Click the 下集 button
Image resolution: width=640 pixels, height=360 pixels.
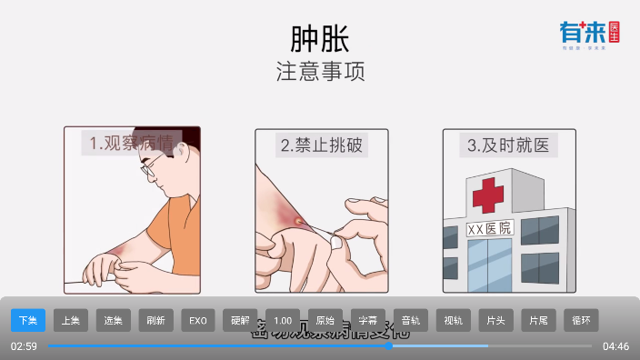pyautogui.click(x=28, y=320)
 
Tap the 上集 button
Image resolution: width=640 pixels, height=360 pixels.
pyautogui.click(x=71, y=320)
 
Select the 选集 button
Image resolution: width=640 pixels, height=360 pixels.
pyautogui.click(x=114, y=320)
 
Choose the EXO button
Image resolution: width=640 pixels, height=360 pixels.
pyautogui.click(x=198, y=320)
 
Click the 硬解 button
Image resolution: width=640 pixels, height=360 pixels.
pyautogui.click(x=240, y=320)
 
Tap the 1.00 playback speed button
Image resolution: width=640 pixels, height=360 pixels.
pyautogui.click(x=283, y=320)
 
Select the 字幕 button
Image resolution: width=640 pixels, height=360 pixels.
pyautogui.click(x=368, y=320)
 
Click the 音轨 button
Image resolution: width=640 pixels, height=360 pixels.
pyautogui.click(x=411, y=320)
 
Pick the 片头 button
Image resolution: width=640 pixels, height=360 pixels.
pyautogui.click(x=496, y=320)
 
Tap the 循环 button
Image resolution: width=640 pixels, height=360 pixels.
pyautogui.click(x=581, y=320)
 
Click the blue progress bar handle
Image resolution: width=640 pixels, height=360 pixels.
pyautogui.click(x=388, y=345)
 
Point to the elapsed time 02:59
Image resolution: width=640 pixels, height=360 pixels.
pyautogui.click(x=24, y=346)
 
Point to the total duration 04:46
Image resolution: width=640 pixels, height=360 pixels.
pyautogui.click(x=615, y=346)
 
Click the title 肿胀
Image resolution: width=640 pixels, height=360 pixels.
pyautogui.click(x=320, y=38)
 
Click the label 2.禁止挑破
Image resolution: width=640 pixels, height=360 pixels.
pyautogui.click(x=321, y=145)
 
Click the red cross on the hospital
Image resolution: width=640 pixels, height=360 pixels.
pyautogui.click(x=487, y=195)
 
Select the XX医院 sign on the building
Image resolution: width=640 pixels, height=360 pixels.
pyautogui.click(x=489, y=227)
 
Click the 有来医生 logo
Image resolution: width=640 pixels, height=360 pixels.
pyautogui.click(x=589, y=35)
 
